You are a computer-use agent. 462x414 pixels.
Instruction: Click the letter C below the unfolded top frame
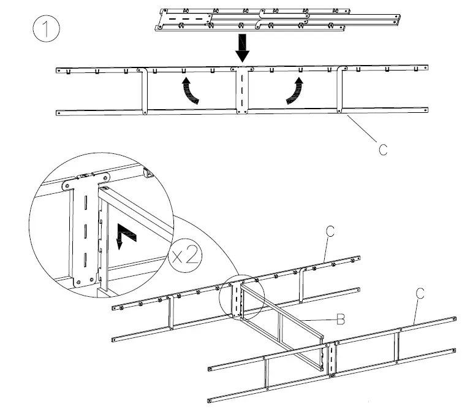click(383, 149)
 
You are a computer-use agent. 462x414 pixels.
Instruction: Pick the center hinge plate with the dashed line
click(243, 90)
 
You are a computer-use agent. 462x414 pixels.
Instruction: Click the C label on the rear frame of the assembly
click(330, 231)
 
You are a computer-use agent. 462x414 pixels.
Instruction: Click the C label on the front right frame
click(420, 293)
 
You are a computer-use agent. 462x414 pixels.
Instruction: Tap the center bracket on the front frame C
click(331, 359)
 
